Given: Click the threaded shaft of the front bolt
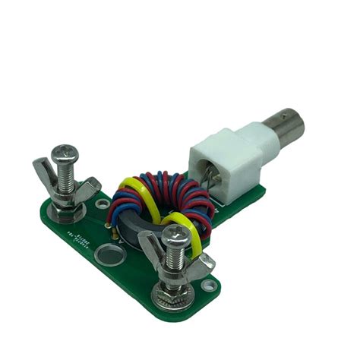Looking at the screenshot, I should [177, 263].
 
